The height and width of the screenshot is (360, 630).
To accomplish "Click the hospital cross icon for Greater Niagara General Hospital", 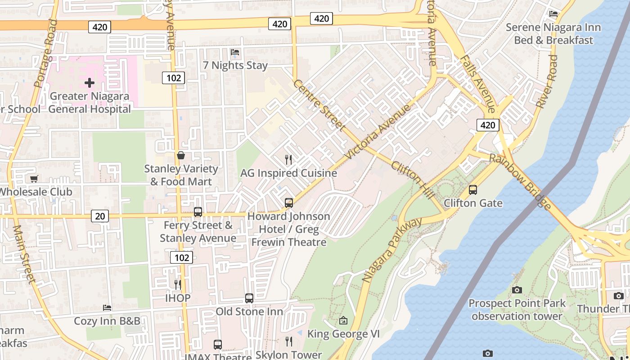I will point(90,82).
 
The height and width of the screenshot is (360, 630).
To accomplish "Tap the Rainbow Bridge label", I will point(520,182).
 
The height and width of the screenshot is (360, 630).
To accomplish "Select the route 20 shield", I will point(99,216).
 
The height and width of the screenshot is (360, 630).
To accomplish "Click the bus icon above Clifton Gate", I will point(472,190).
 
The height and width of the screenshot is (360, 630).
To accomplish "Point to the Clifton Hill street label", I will point(413,180).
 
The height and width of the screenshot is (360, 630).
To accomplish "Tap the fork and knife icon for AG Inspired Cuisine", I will point(288,159).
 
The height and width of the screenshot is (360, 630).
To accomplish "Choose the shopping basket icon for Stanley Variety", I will point(181,155).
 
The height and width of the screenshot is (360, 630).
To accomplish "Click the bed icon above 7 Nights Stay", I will point(235,52).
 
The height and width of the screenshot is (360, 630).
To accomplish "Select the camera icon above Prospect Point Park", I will point(517,290).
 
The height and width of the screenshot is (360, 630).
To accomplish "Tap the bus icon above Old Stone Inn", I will point(249,298).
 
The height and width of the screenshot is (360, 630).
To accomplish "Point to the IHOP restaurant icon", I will point(178,284).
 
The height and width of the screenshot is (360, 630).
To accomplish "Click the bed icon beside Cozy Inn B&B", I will point(107,308).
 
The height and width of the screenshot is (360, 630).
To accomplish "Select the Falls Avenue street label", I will point(478,84).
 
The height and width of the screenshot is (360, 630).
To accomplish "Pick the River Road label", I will point(546,81).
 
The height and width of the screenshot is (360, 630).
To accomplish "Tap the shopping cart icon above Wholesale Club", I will point(34,179).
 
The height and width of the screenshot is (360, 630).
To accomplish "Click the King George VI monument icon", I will point(343,320).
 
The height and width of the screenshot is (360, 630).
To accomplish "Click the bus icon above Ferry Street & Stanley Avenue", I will point(198,211).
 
